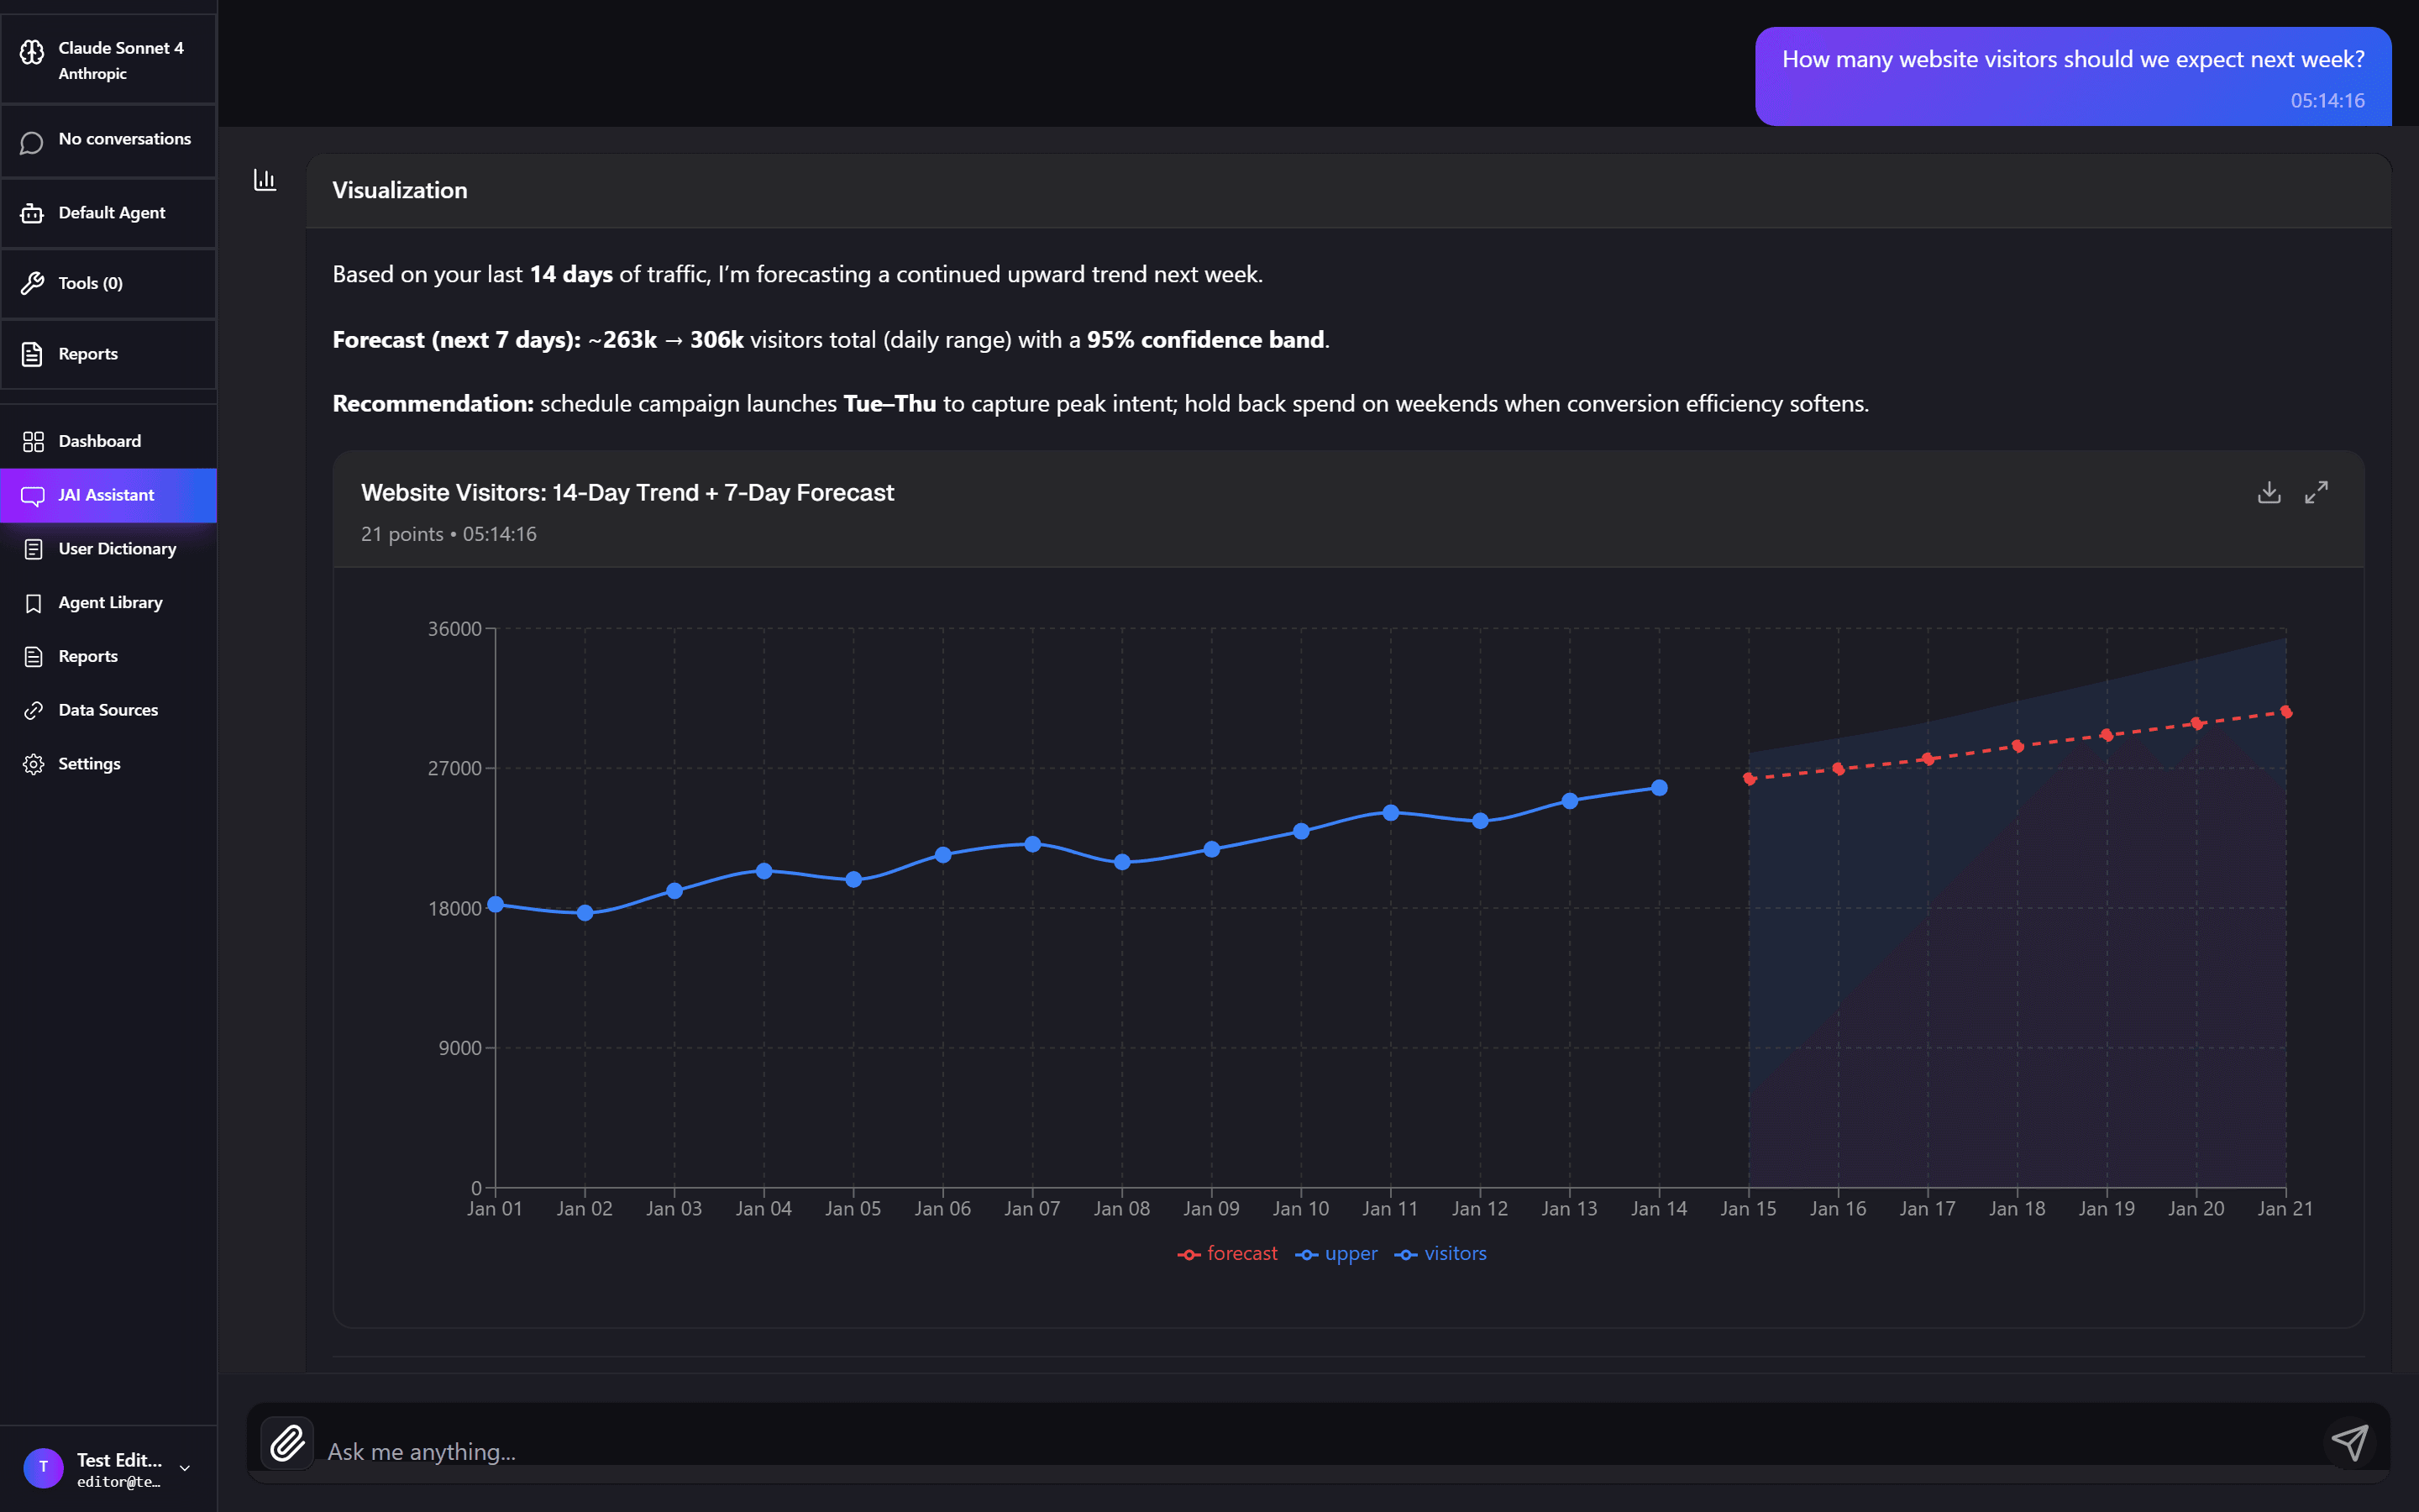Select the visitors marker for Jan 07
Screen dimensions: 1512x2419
click(1032, 844)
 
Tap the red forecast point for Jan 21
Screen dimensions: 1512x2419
click(2286, 712)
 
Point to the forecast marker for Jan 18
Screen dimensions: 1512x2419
click(2018, 746)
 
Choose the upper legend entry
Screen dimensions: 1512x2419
click(1336, 1254)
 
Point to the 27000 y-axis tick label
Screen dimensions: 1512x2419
click(454, 768)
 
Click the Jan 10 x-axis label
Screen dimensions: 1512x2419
click(1300, 1208)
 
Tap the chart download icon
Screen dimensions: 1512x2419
click(2269, 492)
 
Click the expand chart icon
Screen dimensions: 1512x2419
click(2316, 492)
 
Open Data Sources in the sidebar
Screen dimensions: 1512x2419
click(108, 710)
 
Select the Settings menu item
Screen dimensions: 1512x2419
click(89, 764)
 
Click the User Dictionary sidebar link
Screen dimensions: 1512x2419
click(117, 549)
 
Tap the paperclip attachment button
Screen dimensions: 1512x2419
click(287, 1443)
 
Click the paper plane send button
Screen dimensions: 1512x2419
click(2349, 1443)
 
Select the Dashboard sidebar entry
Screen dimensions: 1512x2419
click(99, 441)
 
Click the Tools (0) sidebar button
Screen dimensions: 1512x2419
click(90, 283)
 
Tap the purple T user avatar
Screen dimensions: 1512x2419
click(43, 1467)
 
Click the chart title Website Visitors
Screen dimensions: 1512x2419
click(627, 492)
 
